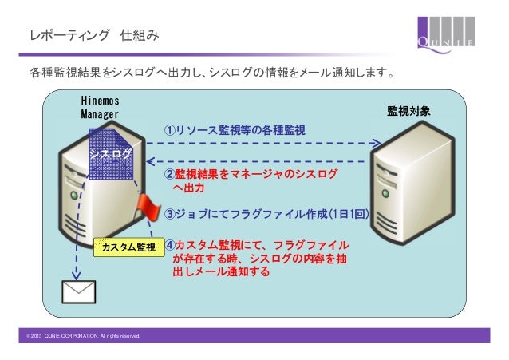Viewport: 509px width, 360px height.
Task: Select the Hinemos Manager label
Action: tap(100, 108)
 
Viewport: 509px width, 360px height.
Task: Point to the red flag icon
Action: tap(148, 209)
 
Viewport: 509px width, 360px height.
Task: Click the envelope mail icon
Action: tap(78, 293)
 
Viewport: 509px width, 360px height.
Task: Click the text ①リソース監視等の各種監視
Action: tap(234, 130)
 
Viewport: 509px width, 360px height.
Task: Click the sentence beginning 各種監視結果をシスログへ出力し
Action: tap(211, 75)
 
